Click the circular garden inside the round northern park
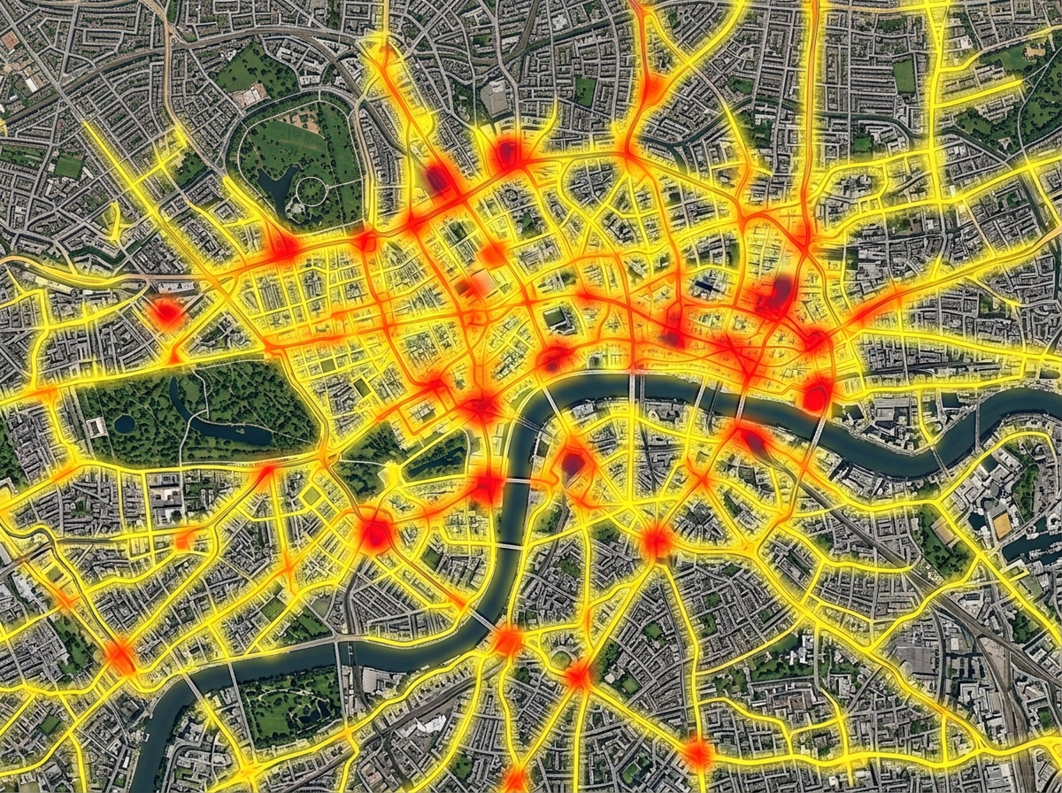click(312, 188)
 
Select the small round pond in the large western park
click(125, 424)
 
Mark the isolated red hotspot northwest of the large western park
click(166, 312)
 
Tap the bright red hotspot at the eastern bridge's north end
click(816, 395)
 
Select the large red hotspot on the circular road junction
click(375, 534)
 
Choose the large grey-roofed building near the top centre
click(496, 99)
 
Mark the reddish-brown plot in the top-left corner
click(10, 40)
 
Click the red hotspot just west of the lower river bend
click(486, 485)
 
